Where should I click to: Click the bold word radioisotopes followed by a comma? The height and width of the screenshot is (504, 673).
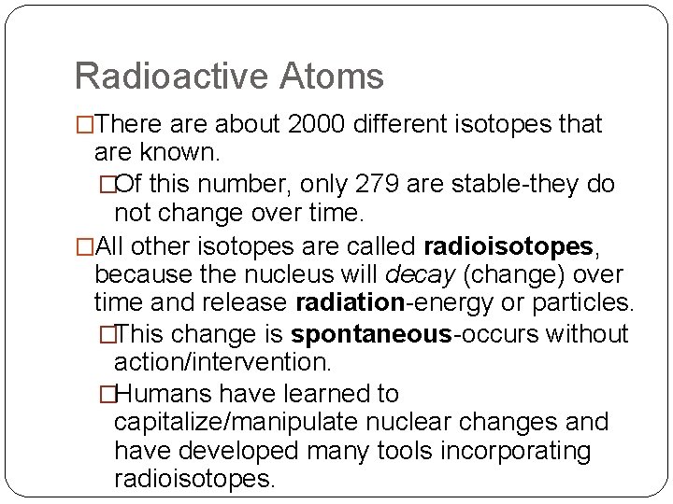tap(508, 246)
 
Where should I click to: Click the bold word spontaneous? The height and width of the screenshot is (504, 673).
tap(371, 334)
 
